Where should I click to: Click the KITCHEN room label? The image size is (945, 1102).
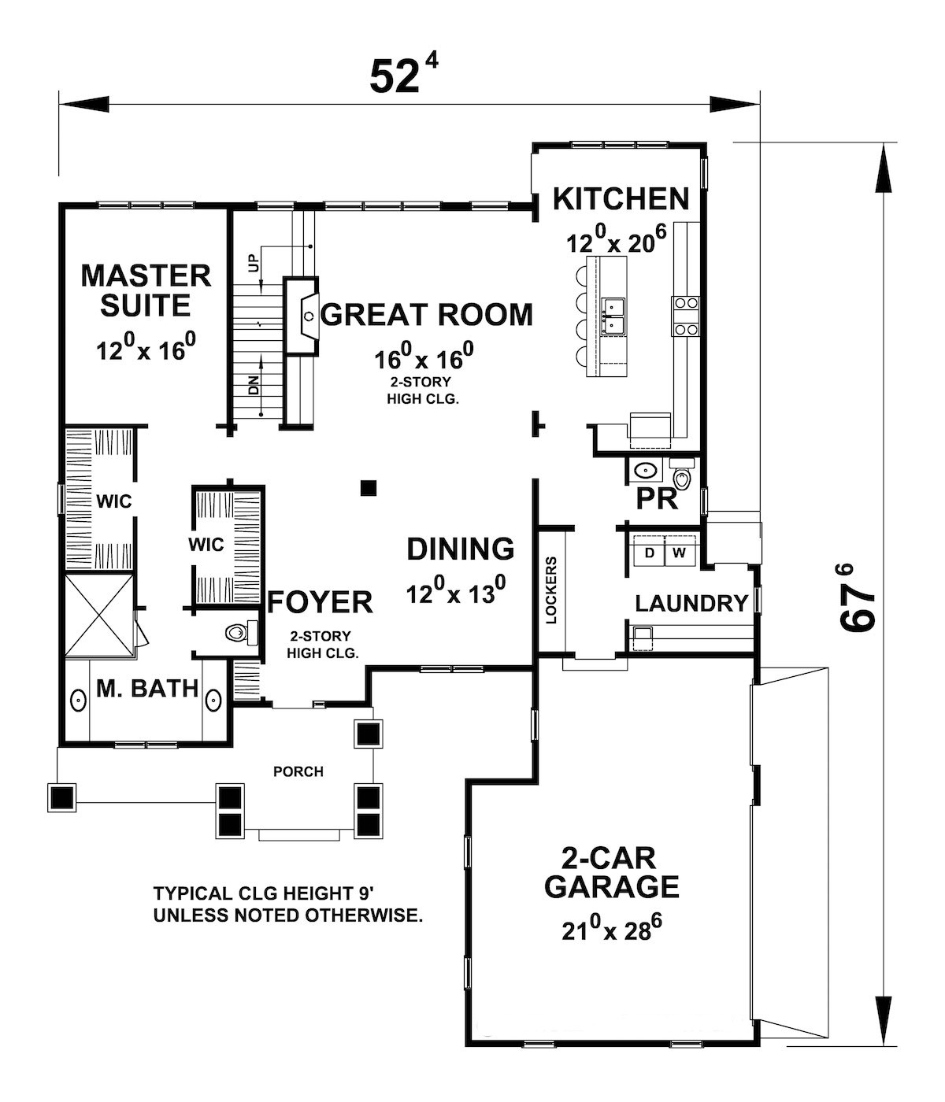coord(621,199)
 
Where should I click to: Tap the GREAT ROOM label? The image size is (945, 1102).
coord(426,314)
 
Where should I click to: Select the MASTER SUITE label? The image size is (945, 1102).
coord(146,290)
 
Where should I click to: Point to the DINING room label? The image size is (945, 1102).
coord(461,549)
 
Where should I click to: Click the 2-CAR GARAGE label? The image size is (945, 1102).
coord(611,872)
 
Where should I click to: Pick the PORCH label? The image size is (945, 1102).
coord(298,771)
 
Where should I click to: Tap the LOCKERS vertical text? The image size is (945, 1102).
coord(551,590)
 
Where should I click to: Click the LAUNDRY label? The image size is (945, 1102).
coord(691,604)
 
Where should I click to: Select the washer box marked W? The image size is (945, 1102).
coord(680,553)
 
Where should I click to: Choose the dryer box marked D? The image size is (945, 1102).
coord(650,553)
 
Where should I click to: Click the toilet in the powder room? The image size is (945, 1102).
coord(683,478)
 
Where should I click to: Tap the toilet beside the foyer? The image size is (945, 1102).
coord(237,631)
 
